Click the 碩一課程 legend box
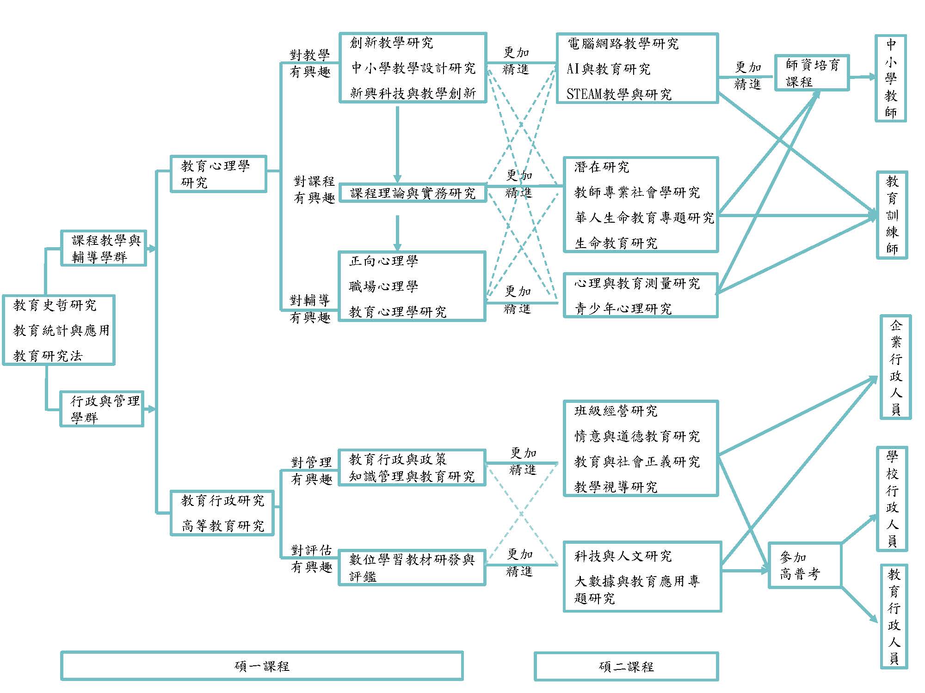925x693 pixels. coord(262,666)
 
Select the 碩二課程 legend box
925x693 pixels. coord(626,666)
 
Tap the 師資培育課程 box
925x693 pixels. coord(812,73)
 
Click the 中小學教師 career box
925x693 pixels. coord(890,78)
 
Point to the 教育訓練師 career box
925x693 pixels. coord(892,215)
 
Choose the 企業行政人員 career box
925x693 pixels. coord(895,367)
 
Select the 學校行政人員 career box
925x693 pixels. coord(892,498)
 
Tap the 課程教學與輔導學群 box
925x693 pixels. coord(104,248)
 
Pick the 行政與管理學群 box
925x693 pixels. coord(102,409)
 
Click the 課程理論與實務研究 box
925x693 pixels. coord(413,193)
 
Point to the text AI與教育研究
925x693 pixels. coord(608,69)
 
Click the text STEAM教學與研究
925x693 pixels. coord(619,94)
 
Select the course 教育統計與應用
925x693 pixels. coord(61,330)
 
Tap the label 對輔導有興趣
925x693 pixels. coord(310,309)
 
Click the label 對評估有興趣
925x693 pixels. coord(311,559)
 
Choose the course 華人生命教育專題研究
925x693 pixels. coord(644,218)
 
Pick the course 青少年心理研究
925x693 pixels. coord(623,308)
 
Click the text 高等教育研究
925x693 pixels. coord(222,526)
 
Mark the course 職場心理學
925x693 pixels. coord(383,286)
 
